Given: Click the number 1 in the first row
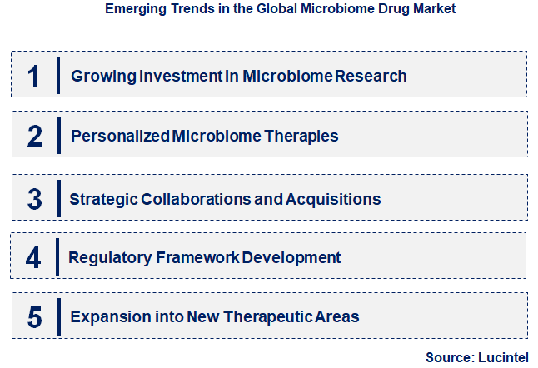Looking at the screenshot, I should point(33,76).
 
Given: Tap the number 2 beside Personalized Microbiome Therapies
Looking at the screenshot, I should point(34,136).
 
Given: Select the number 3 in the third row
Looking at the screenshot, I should point(34,199).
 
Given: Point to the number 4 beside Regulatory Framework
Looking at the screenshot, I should point(33,257).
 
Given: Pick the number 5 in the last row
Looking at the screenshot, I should point(34,317).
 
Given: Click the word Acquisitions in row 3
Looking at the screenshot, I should point(333,199).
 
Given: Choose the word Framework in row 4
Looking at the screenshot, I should point(197,257).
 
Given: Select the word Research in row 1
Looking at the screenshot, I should point(371,76).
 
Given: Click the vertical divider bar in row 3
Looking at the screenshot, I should point(58,198).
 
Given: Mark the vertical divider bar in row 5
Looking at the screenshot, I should point(59,316).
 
